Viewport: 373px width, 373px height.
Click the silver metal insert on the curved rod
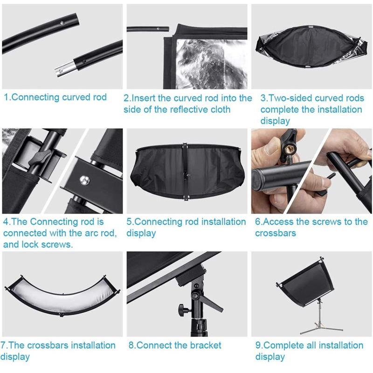tap(64, 69)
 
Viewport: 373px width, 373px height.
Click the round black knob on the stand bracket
tap(182, 309)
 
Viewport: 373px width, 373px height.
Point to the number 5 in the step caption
tap(129, 222)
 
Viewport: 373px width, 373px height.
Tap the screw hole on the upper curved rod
tap(62, 23)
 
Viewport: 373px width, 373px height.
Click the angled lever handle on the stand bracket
tap(213, 304)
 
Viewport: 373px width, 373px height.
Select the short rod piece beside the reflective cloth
tap(148, 29)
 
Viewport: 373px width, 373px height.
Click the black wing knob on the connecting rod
tap(40, 158)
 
